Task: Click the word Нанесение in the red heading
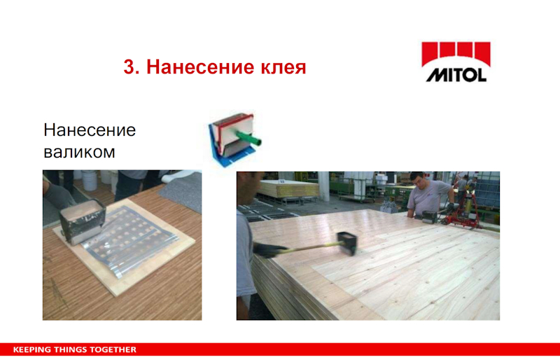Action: coord(201,67)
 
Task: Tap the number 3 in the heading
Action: coord(129,67)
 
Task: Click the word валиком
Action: coord(79,152)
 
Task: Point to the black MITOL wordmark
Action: coord(456,75)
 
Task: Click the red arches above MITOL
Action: coord(456,53)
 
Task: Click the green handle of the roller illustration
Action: coord(248,137)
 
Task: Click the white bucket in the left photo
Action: coord(89,180)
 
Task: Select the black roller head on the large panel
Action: coord(347,243)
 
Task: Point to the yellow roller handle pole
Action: coord(311,246)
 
